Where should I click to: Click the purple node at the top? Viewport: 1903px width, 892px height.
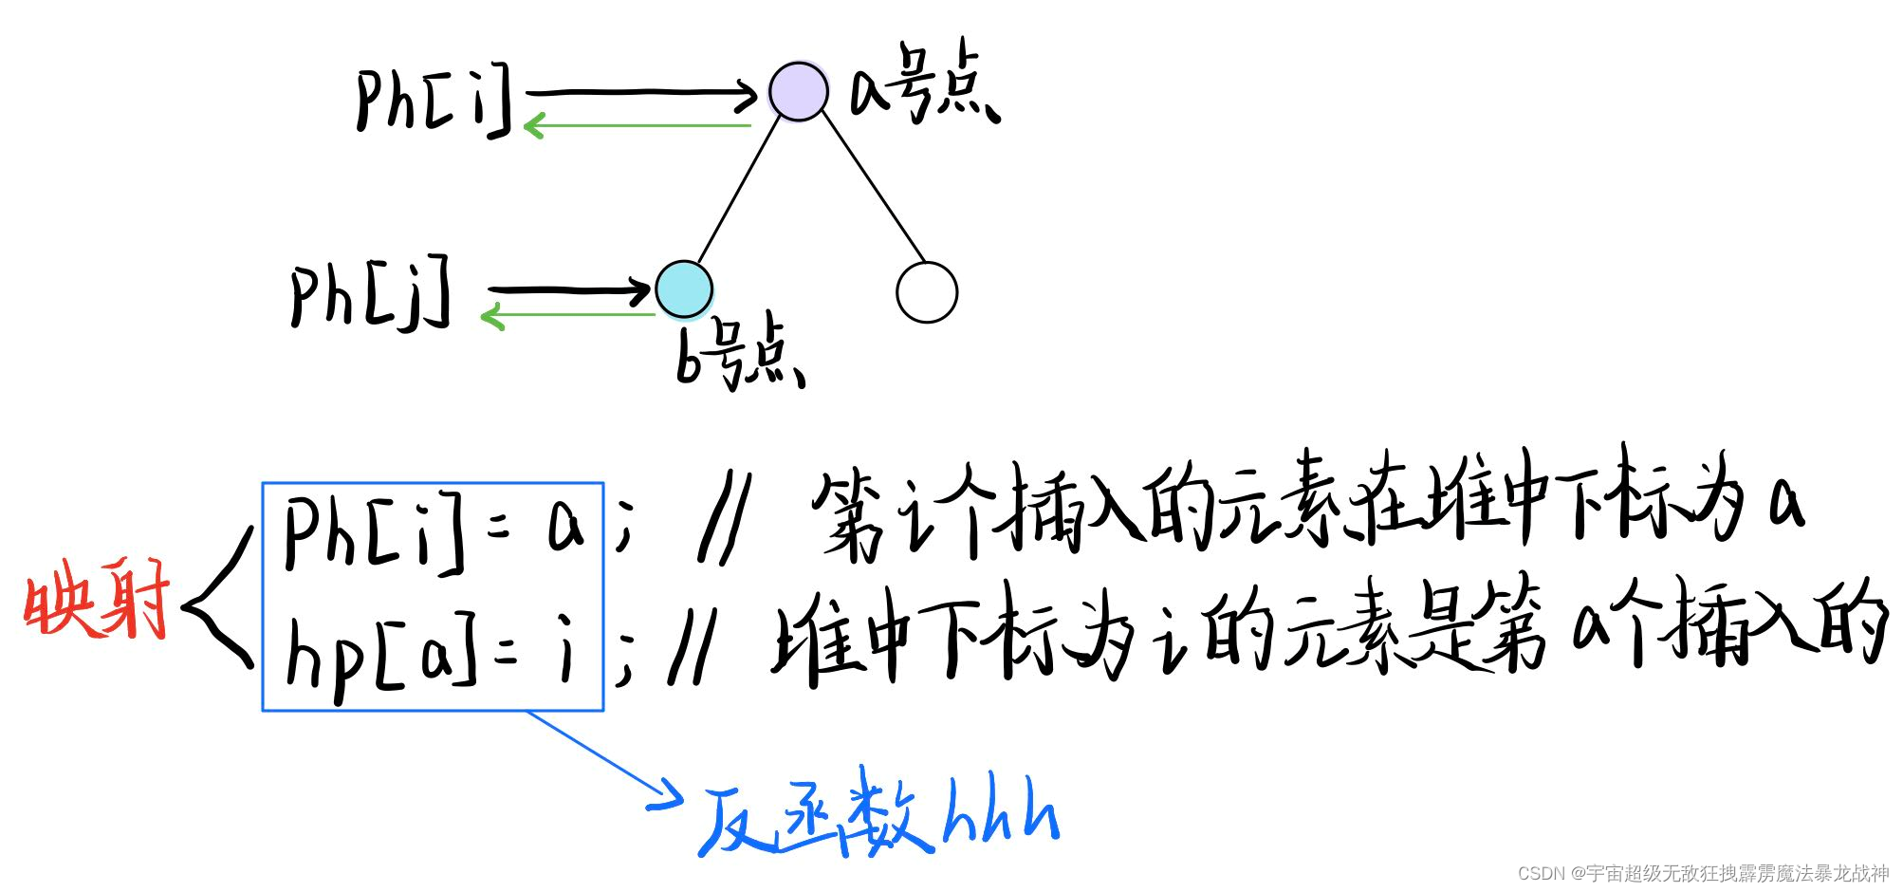pos(798,92)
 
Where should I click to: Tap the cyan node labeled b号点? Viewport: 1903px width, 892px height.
pos(683,289)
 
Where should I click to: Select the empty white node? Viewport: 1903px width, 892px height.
pos(927,292)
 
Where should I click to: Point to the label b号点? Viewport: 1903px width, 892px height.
pos(739,354)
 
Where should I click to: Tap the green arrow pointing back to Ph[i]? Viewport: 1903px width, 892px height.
pos(636,125)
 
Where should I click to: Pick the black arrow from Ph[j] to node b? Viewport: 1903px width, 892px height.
pos(569,288)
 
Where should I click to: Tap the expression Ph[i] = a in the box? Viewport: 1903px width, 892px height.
pos(433,528)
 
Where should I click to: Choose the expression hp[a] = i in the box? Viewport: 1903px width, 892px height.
pos(432,653)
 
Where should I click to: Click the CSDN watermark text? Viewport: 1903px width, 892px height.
pos(1703,873)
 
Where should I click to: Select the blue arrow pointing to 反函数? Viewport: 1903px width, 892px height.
pos(607,759)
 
